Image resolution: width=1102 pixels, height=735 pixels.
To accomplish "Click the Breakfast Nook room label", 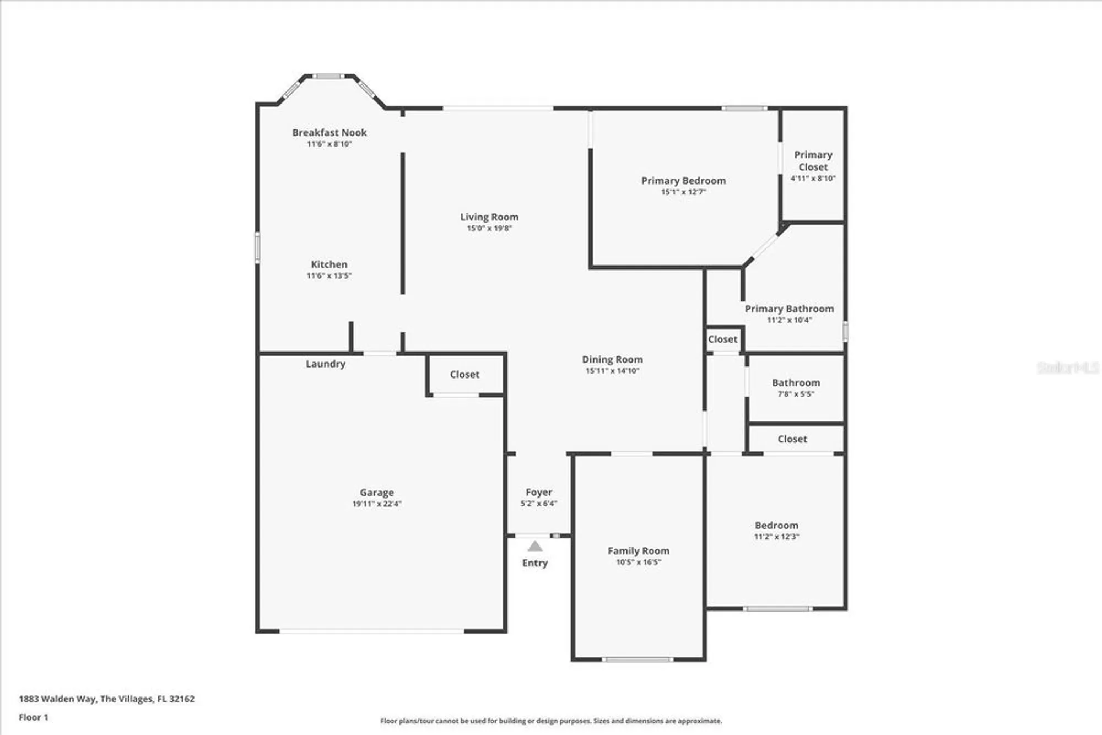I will (329, 132).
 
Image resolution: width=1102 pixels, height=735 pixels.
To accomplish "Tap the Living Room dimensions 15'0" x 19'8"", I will (489, 228).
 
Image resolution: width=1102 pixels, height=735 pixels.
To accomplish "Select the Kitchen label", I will (329, 264).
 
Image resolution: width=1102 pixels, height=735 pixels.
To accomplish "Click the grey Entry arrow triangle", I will (535, 546).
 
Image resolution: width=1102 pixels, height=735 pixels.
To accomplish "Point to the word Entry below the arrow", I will (535, 563).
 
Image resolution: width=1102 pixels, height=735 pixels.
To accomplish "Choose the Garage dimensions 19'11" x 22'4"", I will (377, 504).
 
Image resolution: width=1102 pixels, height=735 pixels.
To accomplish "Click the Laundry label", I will (326, 364).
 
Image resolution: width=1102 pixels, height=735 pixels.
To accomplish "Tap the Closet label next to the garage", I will (464, 374).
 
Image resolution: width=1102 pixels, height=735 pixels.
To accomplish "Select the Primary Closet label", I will (813, 160).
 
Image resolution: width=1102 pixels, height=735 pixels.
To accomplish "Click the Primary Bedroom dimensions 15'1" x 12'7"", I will (683, 192).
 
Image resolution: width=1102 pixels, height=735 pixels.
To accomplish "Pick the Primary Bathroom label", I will (789, 309).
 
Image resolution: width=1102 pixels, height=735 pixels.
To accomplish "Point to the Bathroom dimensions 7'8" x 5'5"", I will (796, 394).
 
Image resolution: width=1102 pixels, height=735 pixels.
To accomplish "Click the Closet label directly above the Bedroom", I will (792, 439).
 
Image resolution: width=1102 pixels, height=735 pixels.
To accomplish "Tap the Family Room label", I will (639, 550).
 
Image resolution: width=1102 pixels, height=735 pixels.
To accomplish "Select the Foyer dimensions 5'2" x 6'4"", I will (539, 503).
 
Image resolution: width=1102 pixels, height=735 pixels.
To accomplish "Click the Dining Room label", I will (612, 359).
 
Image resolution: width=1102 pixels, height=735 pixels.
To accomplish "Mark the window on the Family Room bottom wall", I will (638, 659).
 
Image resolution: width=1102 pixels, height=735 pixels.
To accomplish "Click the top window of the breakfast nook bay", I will (329, 76).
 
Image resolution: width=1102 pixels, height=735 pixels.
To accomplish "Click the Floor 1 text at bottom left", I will (34, 717).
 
